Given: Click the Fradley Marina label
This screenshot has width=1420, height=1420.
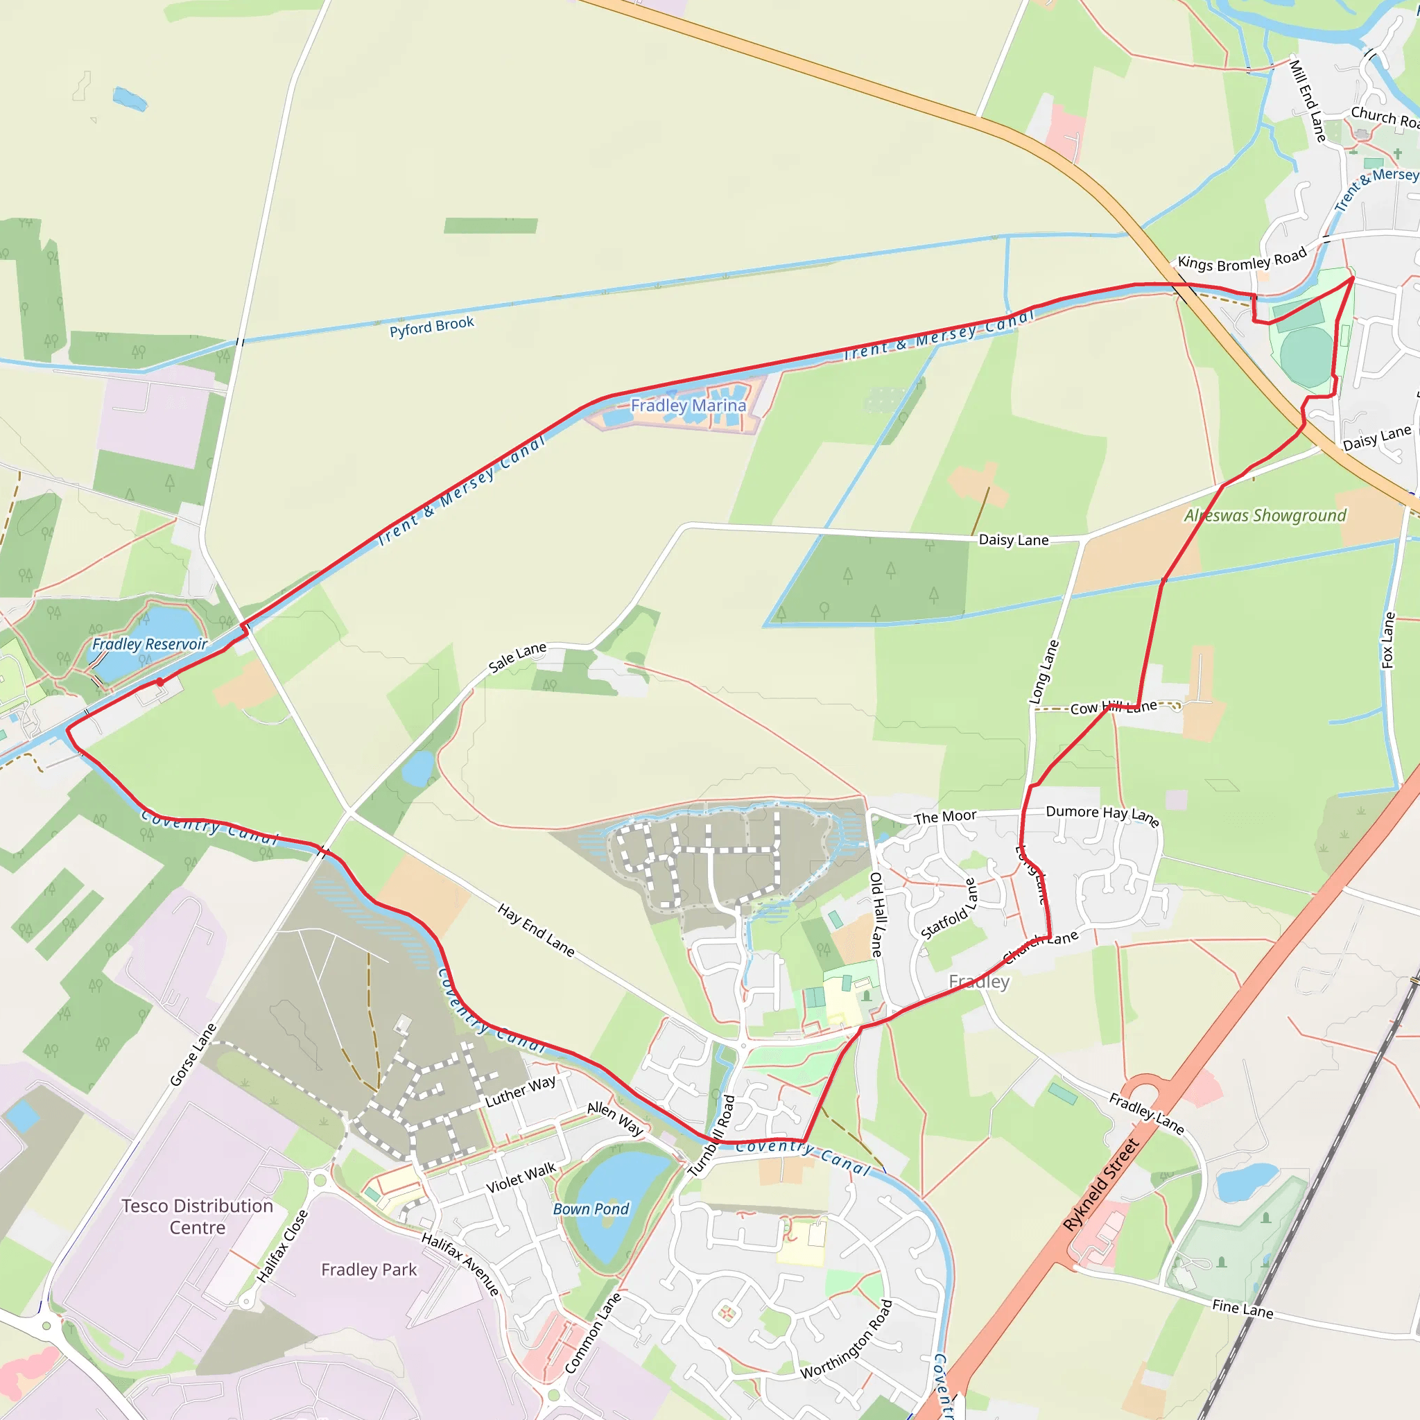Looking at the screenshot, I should [688, 405].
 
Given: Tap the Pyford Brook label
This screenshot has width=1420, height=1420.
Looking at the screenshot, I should [431, 327].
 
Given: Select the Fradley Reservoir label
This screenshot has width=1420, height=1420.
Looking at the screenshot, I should [149, 644].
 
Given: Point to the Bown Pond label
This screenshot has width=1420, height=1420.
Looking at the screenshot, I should [591, 1209].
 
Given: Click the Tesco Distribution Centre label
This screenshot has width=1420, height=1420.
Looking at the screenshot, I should [197, 1216].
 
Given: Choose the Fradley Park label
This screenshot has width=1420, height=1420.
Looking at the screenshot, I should [369, 1270].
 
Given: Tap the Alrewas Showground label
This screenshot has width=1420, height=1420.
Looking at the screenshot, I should [1265, 515].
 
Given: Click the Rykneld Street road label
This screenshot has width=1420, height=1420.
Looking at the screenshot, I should [1100, 1184].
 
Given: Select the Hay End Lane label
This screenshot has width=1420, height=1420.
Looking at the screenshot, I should [536, 930].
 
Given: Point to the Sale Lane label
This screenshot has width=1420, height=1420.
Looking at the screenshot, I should [517, 657].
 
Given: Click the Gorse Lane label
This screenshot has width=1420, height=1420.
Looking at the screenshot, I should [193, 1054].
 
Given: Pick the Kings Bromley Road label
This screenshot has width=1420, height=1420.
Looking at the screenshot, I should [1241, 259].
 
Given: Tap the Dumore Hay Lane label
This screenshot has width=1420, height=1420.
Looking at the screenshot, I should [1102, 815].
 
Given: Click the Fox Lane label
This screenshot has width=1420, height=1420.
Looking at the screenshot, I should [1387, 639].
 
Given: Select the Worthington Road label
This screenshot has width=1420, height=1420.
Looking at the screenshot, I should [847, 1338].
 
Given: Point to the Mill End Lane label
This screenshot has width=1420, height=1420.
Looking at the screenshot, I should [1308, 101].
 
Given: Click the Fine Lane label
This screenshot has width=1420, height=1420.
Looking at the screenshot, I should [1242, 1308].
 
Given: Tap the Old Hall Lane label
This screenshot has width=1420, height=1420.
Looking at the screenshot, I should [878, 915].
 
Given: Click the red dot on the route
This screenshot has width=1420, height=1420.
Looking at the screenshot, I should [160, 682].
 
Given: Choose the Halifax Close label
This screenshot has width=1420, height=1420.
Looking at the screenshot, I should [282, 1246].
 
